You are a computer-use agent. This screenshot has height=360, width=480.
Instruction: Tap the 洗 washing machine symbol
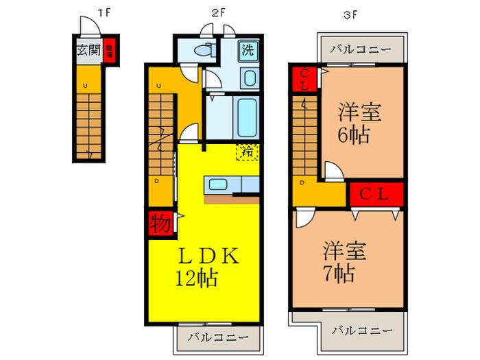[x=248, y=50]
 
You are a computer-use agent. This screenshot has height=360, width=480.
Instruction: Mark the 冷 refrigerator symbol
[x=246, y=151]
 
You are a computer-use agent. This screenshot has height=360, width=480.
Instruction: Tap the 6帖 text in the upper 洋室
[x=354, y=133]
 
